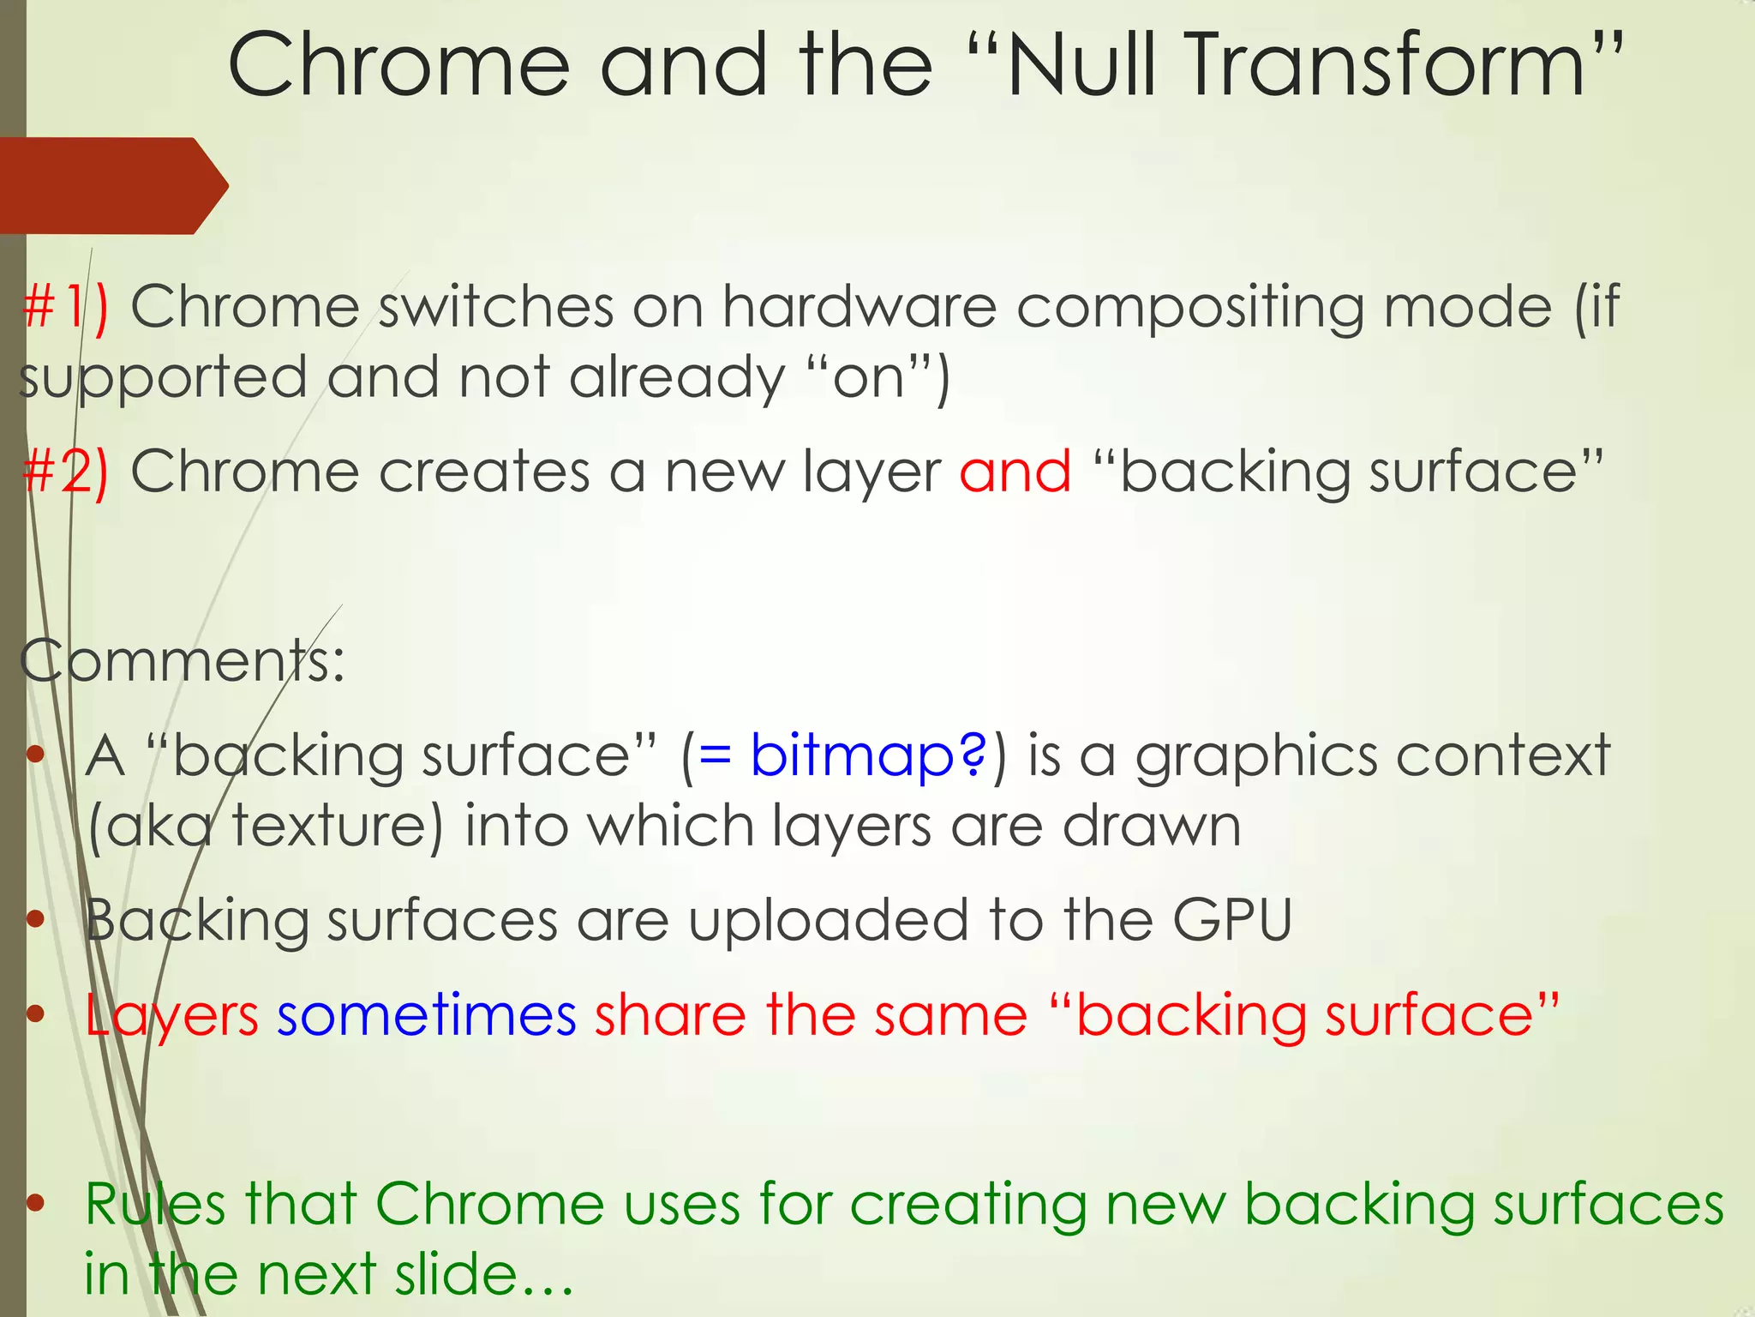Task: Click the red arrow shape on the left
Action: point(111,185)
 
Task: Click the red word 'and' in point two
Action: point(1015,472)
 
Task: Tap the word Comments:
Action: point(182,660)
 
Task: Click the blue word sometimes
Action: point(426,1015)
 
